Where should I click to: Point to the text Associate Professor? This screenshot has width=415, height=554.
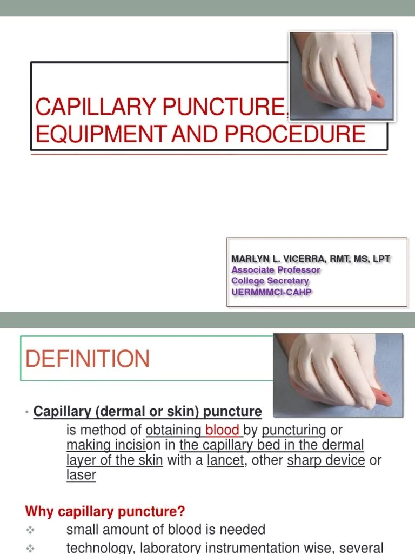pos(276,269)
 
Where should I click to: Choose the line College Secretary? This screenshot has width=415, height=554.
pos(270,281)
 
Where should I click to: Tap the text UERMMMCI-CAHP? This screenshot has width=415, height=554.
pos(272,292)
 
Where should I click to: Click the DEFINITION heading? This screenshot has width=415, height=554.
pos(88,359)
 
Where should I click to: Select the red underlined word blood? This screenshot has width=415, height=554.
pos(222,431)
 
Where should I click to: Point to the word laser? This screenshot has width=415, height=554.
pos(81,476)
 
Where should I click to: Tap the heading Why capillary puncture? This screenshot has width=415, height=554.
pos(105,511)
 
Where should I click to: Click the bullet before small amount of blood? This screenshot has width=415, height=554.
pos(30,530)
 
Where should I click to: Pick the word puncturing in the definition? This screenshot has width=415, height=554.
pos(294,431)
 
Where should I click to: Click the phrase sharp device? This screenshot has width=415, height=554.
pos(326,461)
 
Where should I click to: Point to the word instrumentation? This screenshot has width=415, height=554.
pos(264,548)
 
